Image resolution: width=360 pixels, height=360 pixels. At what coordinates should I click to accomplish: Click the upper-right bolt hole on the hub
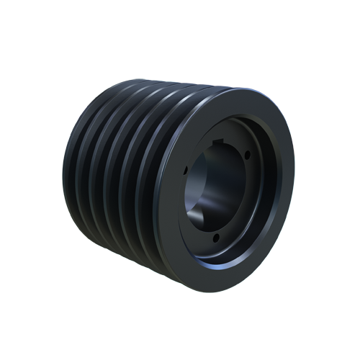pyautogui.click(x=246, y=154)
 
